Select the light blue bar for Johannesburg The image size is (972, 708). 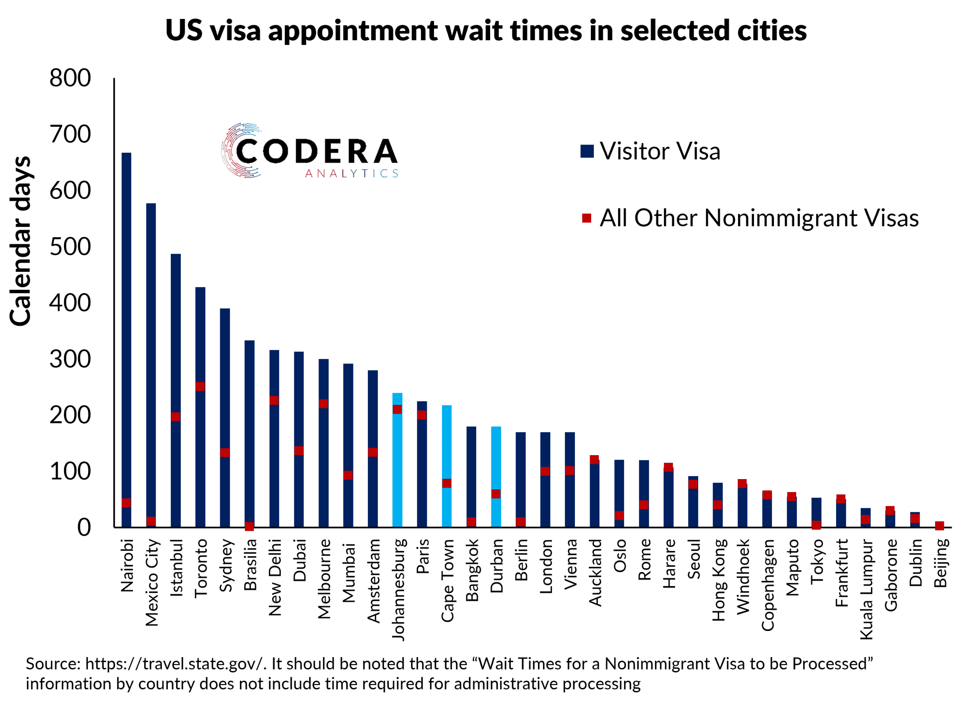pos(397,472)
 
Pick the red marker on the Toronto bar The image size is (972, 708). pos(200,387)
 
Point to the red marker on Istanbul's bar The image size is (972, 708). pos(176,417)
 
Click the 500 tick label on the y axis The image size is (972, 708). pos(70,247)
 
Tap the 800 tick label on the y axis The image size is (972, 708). pos(70,79)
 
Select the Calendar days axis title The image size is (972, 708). pos(21,241)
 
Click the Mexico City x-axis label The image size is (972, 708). pos(152,583)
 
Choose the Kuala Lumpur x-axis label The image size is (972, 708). pos(866,589)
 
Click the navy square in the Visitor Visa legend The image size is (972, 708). pos(587,151)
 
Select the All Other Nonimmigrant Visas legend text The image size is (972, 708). pos(759,218)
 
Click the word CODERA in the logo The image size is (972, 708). pos(316,151)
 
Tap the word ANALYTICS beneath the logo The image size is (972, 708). pos(352,173)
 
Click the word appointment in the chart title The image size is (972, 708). pos(353,31)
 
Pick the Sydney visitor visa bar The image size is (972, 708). pos(225,386)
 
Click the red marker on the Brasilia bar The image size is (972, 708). pos(249,526)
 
